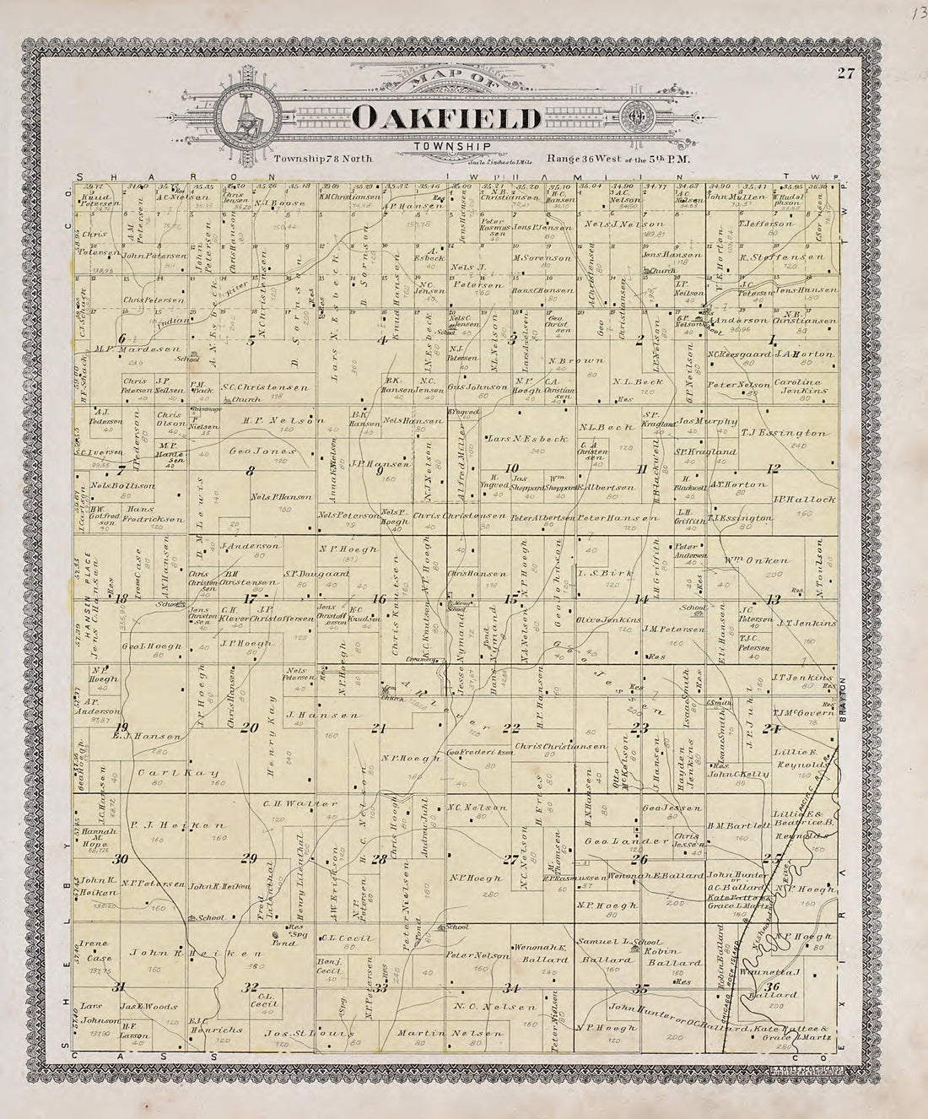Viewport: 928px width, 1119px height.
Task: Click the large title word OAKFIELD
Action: click(447, 117)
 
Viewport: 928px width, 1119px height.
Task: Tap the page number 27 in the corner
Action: click(846, 73)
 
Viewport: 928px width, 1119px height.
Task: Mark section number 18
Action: click(121, 598)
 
